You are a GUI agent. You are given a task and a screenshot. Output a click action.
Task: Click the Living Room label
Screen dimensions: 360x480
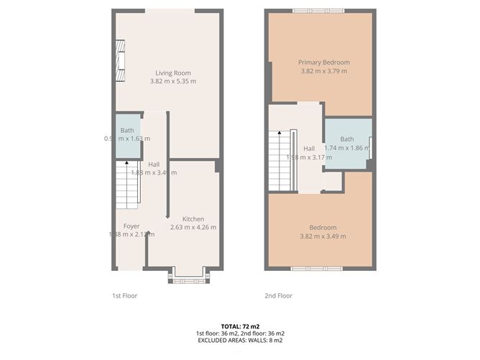click(172, 72)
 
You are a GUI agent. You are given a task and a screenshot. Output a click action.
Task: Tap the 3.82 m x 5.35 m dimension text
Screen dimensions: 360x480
click(172, 82)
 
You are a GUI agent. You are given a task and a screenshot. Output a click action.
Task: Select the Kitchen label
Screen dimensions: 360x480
click(193, 219)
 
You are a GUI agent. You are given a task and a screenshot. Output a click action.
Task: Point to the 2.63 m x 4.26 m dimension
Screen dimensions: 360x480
click(193, 228)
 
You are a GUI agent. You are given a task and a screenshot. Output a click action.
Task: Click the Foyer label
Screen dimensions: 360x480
click(131, 226)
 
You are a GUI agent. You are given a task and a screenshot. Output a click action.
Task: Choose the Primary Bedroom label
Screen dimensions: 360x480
click(323, 62)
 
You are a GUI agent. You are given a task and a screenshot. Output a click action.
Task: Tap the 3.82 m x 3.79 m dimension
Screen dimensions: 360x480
click(323, 71)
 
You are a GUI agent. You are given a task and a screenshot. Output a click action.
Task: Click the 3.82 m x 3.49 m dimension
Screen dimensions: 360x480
click(323, 236)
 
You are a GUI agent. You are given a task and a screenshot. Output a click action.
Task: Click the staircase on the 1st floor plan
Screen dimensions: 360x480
click(126, 183)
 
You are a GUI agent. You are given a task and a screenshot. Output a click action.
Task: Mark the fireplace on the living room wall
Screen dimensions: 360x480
click(120, 59)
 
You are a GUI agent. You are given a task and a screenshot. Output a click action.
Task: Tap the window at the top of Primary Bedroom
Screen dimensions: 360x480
click(318, 11)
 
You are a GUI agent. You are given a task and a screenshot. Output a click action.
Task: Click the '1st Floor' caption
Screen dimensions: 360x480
click(124, 295)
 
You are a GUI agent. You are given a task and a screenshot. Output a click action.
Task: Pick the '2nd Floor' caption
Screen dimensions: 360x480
click(280, 295)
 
